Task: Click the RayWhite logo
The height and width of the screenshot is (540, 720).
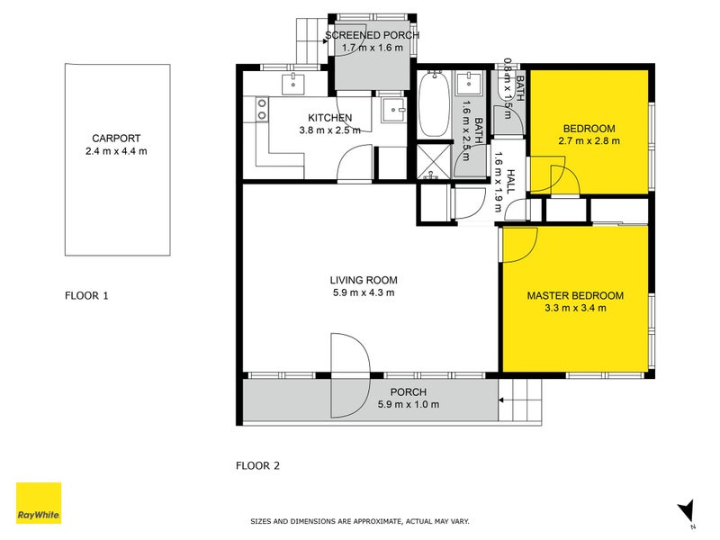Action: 39,503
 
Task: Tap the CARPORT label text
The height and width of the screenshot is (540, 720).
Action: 116,139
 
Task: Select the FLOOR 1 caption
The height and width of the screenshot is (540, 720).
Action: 86,295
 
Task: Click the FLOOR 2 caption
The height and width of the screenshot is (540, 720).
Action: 257,466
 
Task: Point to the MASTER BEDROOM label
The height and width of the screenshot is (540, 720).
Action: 575,295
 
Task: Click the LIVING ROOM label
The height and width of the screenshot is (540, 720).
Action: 363,280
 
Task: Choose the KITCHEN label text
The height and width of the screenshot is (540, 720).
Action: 329,118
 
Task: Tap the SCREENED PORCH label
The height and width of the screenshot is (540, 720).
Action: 373,35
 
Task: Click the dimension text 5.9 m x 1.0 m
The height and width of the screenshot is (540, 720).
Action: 408,405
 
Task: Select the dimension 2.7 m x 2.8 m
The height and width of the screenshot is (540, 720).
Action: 589,140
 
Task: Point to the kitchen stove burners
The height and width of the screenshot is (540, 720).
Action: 263,109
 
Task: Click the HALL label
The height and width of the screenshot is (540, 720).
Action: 510,182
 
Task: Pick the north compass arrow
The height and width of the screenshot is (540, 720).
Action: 687,510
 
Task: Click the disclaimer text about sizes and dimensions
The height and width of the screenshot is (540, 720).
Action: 359,521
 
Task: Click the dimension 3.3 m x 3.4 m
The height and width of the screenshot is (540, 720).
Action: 575,308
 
